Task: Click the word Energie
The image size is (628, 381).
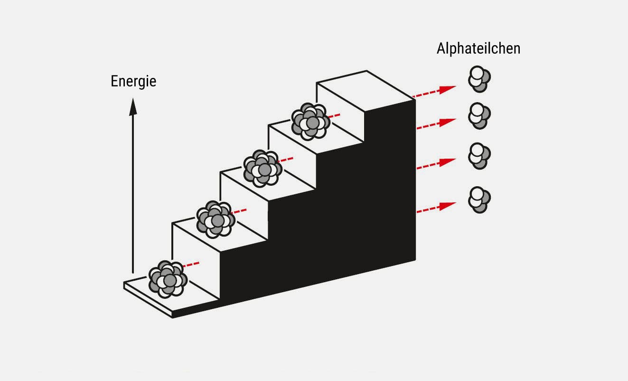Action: [x=133, y=81]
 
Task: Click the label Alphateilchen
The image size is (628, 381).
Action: [x=478, y=48]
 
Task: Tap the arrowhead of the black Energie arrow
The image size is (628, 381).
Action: [x=133, y=106]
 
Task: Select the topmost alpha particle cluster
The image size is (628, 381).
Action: [x=479, y=79]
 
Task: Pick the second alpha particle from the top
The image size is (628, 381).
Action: [x=479, y=115]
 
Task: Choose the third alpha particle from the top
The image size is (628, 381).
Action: [x=479, y=155]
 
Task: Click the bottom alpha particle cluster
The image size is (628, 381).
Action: [x=479, y=200]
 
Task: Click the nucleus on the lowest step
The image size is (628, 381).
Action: [x=167, y=279]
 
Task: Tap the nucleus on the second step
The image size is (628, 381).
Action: [x=216, y=219]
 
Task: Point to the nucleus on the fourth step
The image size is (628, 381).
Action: [x=310, y=122]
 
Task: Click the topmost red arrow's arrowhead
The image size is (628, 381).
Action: [x=447, y=89]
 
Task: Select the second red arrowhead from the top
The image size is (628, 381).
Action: [x=447, y=122]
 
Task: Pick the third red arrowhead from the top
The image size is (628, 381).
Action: [x=447, y=162]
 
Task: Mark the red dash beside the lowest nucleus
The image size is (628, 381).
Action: [x=192, y=264]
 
